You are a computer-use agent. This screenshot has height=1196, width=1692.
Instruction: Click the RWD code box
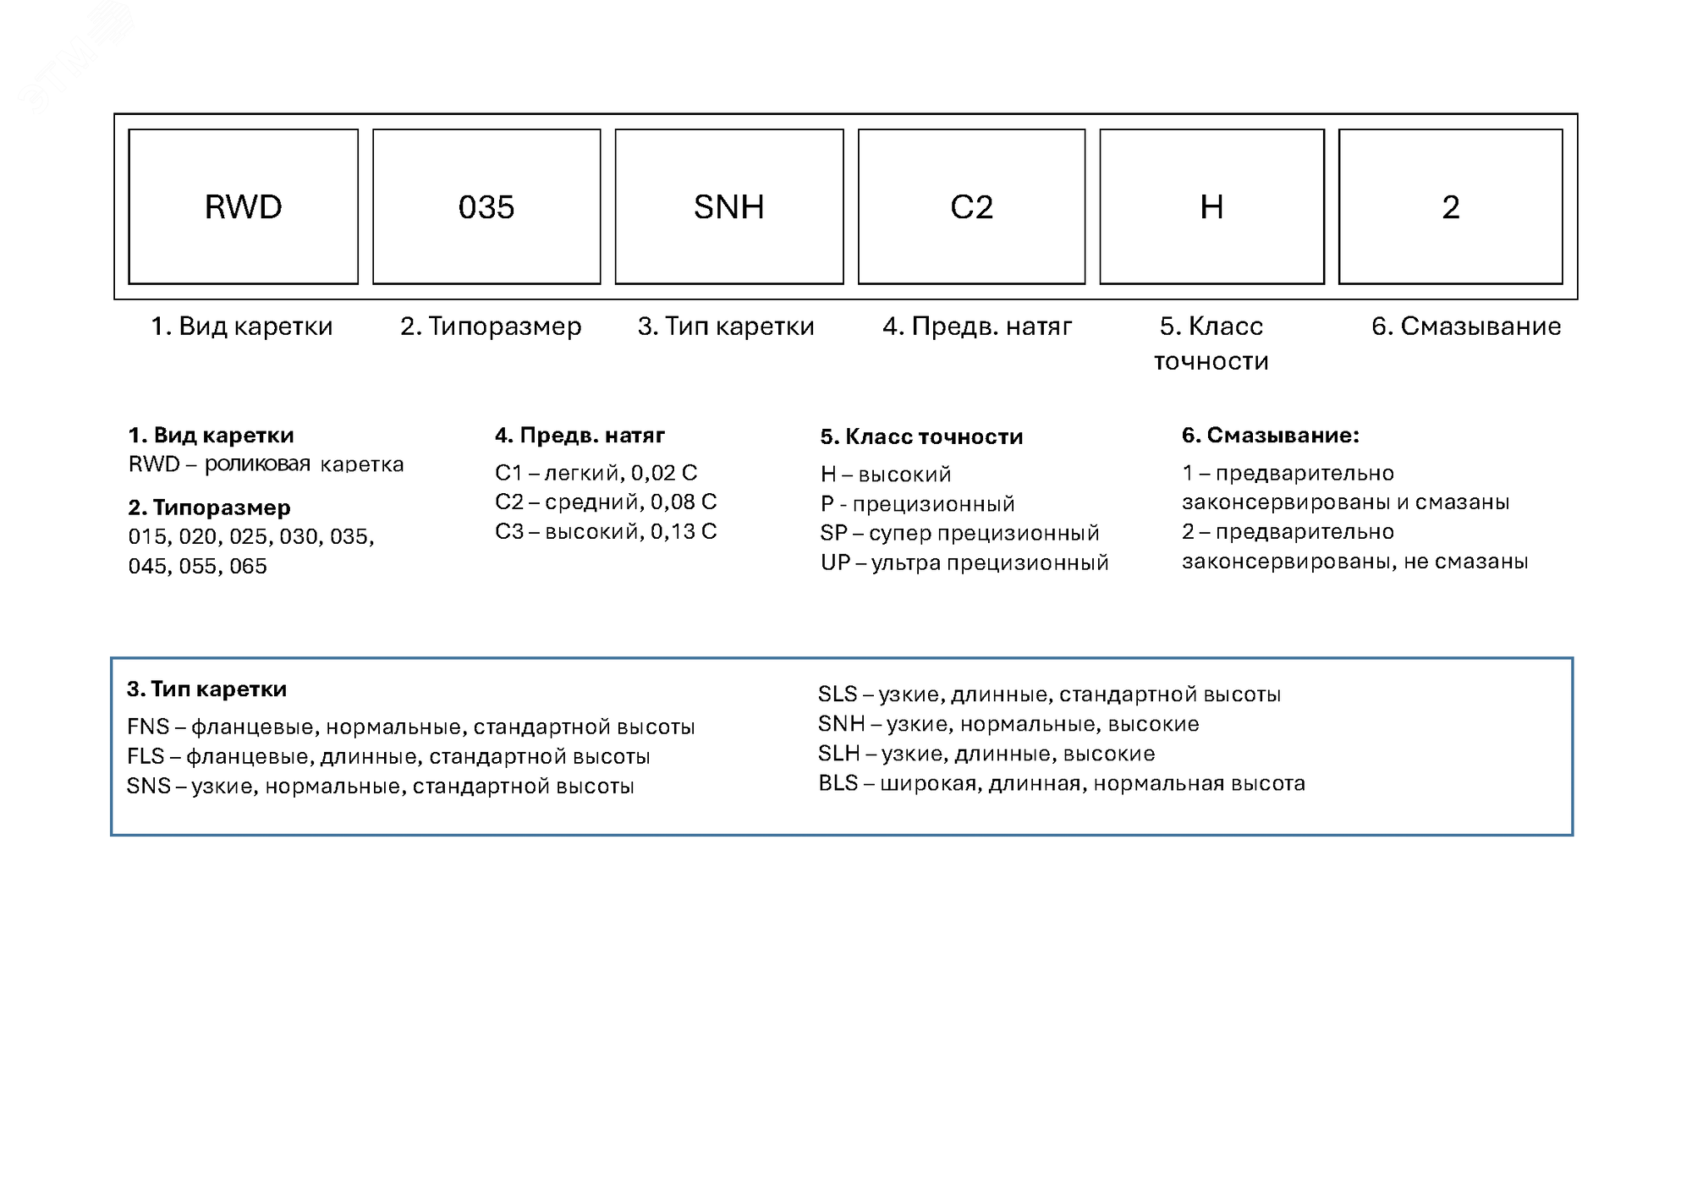coord(243,206)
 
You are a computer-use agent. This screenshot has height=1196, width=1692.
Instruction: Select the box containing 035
coord(486,206)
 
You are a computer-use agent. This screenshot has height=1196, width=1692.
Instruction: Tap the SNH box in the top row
coord(728,206)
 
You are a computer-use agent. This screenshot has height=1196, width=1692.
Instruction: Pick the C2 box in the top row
coord(971,206)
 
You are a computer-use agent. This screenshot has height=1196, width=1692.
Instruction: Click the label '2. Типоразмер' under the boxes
coord(491,326)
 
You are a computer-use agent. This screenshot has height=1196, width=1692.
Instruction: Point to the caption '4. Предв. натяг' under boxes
coord(977,326)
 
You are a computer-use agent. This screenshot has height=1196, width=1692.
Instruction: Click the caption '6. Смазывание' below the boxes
coord(1466,326)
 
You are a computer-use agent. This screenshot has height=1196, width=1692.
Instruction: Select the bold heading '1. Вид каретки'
coord(211,436)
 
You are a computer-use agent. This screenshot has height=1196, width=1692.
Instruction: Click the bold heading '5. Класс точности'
coord(921,437)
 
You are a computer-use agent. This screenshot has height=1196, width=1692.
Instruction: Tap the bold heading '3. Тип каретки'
coord(206,689)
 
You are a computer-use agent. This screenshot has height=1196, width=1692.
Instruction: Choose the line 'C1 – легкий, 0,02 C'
coord(596,473)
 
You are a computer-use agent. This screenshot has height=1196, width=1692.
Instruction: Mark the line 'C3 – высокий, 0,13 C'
coord(606,532)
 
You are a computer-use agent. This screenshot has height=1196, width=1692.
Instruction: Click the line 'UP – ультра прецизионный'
coord(964,563)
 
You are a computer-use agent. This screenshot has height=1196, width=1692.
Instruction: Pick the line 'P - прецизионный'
coord(917,504)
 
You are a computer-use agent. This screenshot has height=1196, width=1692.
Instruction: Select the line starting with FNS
coord(410,727)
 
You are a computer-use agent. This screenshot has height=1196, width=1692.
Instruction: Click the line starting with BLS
coord(1061,784)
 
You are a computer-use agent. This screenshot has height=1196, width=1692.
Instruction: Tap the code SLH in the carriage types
coord(838,754)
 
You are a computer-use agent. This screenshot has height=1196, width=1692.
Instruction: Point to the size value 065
coord(248,567)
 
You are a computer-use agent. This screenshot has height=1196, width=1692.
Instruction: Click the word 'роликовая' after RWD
coord(257,464)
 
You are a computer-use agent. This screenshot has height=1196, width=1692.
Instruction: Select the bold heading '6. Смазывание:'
coord(1270,436)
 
